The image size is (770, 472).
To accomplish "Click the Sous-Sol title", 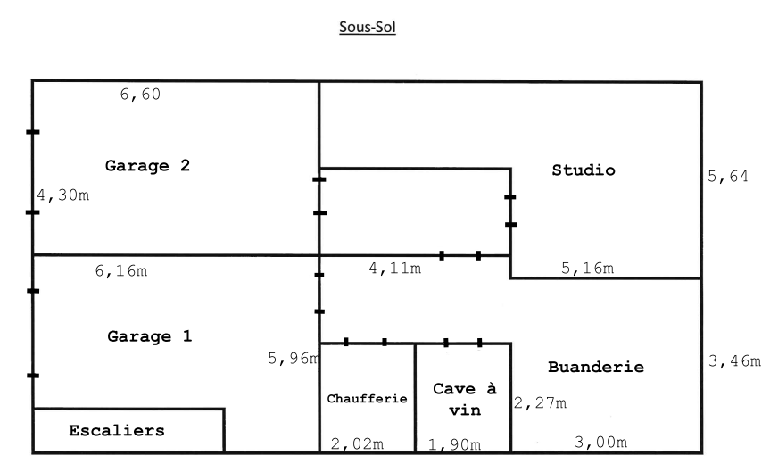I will coord(368,27).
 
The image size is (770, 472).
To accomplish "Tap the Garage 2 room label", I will coord(147,165).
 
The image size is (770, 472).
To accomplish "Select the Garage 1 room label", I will coord(150,336).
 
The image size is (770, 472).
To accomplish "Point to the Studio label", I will coord(584,170).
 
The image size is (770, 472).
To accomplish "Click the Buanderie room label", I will coord(595,367).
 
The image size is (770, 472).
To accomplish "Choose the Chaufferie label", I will coord(367,399).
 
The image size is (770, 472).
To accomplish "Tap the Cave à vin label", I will coord(464,400).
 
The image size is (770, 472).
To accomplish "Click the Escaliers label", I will coord(117,430).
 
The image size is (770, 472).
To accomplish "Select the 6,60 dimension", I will coord(140,95).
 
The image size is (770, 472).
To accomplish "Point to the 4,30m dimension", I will coord(63,195).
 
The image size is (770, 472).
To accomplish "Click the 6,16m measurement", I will coord(120,270).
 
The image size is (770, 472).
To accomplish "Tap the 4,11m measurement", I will coord(394,268).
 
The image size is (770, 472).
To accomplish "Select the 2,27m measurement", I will coord(540,403).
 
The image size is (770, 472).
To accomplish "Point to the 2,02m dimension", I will coord(357,443).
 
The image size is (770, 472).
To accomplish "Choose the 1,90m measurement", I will coord(454,444).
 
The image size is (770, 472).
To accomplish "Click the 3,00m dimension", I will coord(600,442).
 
